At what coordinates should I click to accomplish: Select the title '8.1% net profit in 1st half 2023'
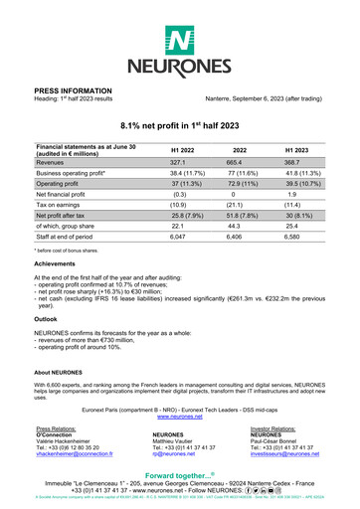(180, 125)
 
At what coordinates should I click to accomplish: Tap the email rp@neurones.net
(173, 452)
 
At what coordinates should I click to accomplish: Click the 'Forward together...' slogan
(179, 475)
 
